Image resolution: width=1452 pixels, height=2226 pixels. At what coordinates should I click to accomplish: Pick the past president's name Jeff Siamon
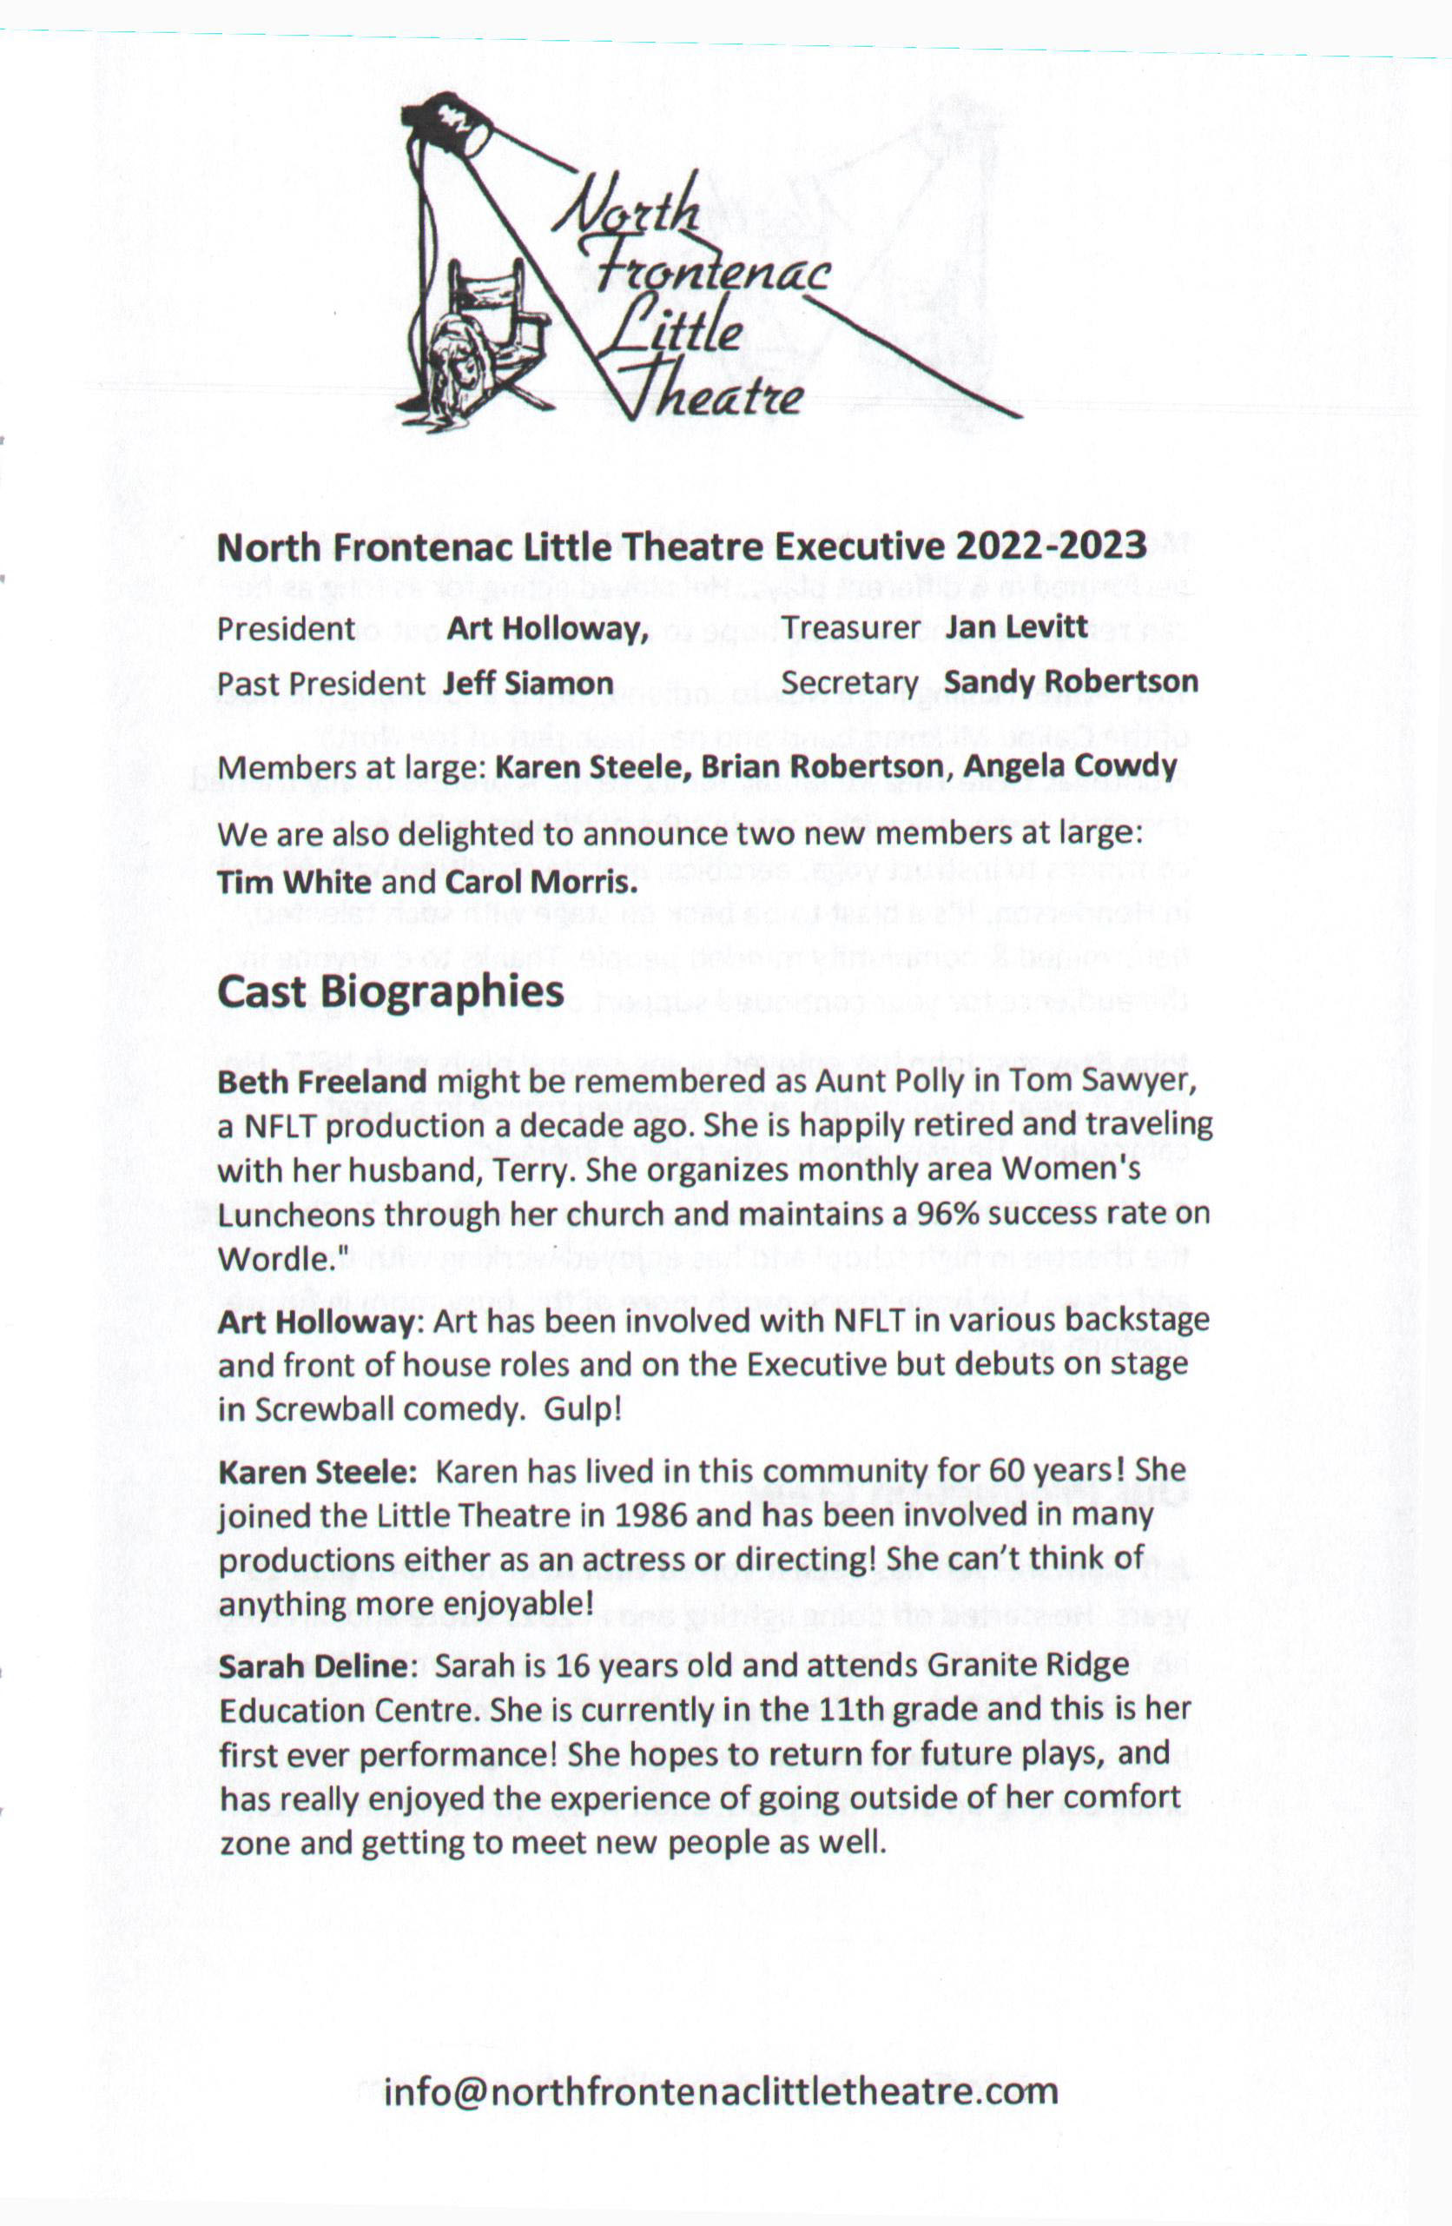click(x=527, y=683)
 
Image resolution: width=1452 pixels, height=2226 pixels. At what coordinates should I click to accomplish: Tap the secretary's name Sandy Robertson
click(x=1071, y=682)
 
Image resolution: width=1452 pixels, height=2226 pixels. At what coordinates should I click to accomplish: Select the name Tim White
click(x=294, y=882)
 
